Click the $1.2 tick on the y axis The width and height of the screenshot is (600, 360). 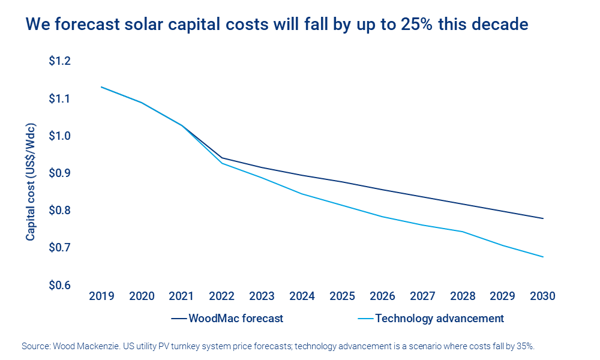pyautogui.click(x=59, y=61)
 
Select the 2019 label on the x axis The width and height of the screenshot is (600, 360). pyautogui.click(x=101, y=296)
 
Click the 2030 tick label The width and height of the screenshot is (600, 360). pyautogui.click(x=543, y=296)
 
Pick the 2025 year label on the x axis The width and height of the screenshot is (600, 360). pyautogui.click(x=342, y=296)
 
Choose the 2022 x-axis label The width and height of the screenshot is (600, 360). pyautogui.click(x=222, y=296)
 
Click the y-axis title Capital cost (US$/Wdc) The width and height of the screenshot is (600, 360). pyautogui.click(x=31, y=173)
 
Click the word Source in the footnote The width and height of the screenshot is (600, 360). pyautogui.click(x=35, y=346)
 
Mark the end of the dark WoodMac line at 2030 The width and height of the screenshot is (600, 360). pyautogui.click(x=543, y=218)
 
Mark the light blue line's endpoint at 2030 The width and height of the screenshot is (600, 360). pyautogui.click(x=543, y=257)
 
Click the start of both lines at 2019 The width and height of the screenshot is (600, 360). pyautogui.click(x=101, y=87)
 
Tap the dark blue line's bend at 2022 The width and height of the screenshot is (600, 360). pyautogui.click(x=222, y=158)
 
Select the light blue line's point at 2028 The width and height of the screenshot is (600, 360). pyautogui.click(x=463, y=232)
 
